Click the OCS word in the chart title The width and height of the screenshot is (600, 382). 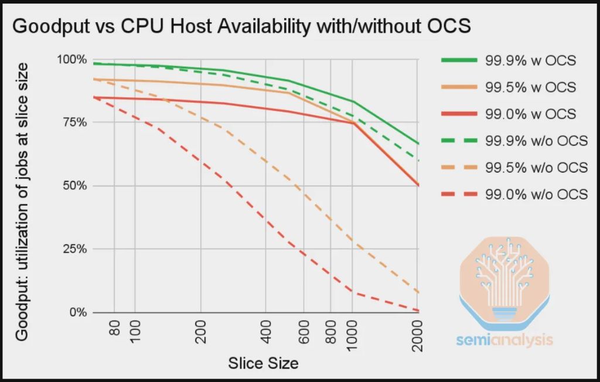[x=448, y=27]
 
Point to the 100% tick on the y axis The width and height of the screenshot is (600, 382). [x=71, y=60]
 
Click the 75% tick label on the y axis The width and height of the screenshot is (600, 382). [x=74, y=123]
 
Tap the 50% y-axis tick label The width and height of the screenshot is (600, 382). [x=74, y=186]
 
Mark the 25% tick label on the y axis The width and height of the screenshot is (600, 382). [x=74, y=249]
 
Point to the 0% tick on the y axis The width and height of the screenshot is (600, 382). [x=77, y=312]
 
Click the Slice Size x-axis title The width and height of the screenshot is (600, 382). [x=263, y=363]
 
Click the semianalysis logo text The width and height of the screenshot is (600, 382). [x=505, y=339]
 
